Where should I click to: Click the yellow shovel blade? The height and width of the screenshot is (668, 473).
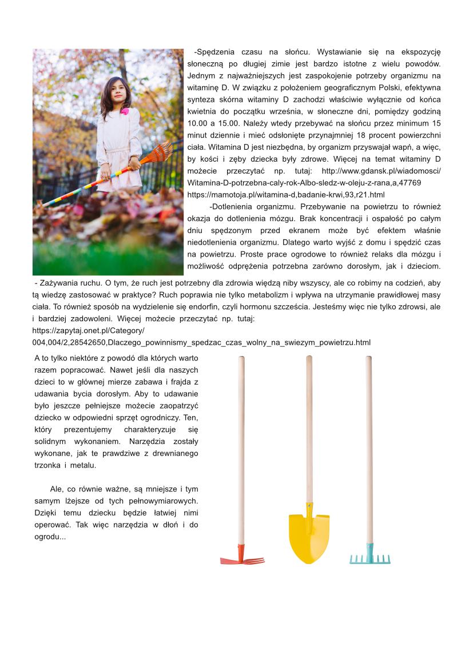[x=309, y=537]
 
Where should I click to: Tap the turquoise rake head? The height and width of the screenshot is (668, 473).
[x=370, y=558]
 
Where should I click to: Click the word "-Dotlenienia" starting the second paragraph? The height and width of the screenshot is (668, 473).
[x=232, y=207]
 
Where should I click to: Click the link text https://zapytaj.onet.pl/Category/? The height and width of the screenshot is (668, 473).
[x=89, y=330]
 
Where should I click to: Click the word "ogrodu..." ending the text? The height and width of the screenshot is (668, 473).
[x=50, y=537]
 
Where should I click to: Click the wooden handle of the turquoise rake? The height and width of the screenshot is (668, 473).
[x=369, y=446]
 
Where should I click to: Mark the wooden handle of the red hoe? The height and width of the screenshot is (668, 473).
[x=241, y=446]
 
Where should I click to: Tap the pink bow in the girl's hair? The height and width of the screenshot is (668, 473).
[x=124, y=111]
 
